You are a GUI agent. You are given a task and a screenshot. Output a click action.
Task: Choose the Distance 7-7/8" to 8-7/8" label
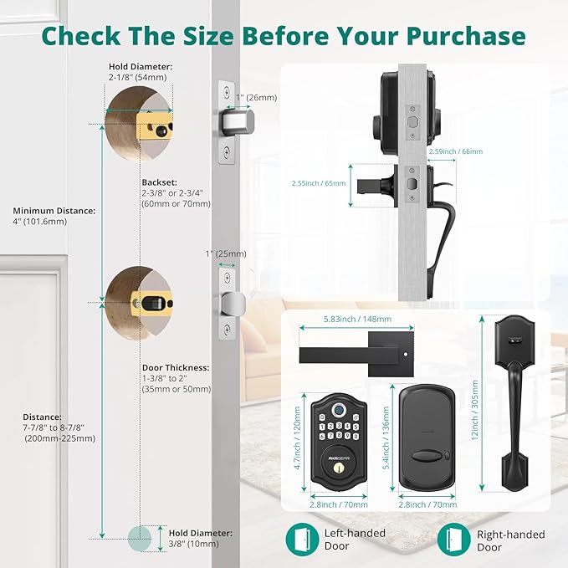click(x=53, y=427)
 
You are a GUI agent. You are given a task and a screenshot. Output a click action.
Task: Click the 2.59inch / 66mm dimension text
click(x=455, y=151)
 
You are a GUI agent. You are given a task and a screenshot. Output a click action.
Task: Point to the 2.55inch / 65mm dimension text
click(x=318, y=182)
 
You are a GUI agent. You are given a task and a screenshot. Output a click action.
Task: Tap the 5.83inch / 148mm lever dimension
click(x=358, y=319)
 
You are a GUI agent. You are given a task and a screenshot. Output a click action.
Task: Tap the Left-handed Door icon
click(x=301, y=539)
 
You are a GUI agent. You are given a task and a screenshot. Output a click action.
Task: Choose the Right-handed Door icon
click(x=453, y=539)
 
